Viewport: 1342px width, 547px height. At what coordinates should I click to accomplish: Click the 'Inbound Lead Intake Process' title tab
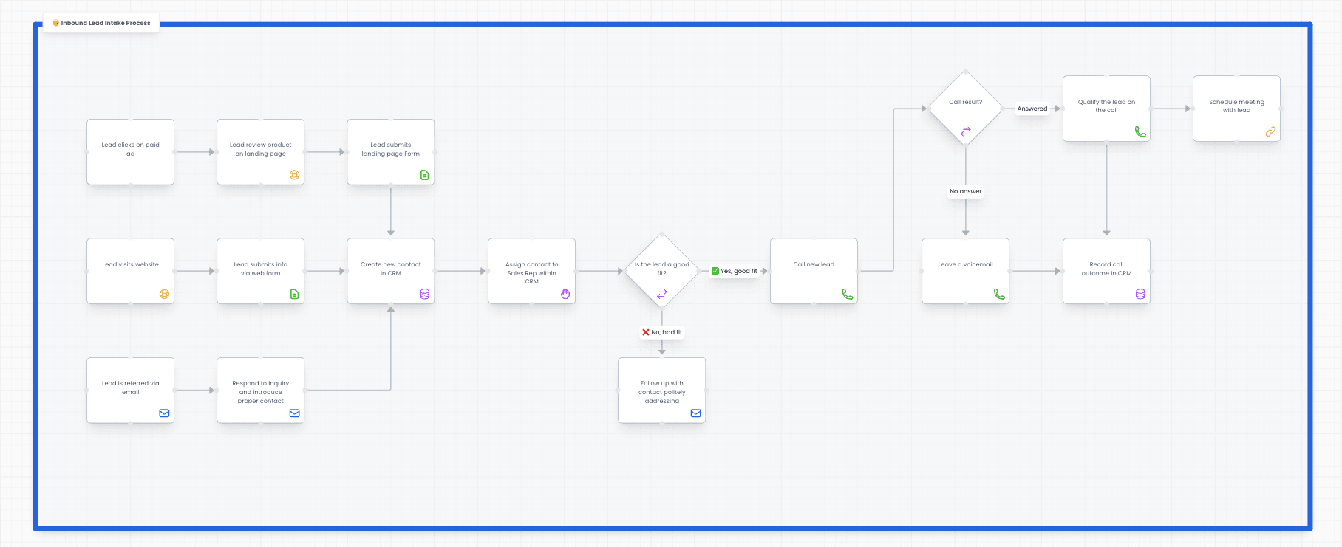[102, 23]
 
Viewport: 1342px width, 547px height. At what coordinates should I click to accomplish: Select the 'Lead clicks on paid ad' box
[130, 152]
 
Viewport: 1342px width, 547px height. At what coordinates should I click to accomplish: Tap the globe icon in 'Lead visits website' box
[164, 294]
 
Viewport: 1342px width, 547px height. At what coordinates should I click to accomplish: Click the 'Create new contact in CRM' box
[390, 270]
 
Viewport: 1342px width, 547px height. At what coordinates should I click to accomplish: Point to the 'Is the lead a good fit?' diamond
[661, 271]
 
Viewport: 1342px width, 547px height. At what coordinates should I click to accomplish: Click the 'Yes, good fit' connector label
[735, 271]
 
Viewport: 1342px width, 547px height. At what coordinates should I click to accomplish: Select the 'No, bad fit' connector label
[662, 332]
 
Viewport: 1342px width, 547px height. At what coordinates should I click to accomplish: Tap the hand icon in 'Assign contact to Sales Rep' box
[565, 294]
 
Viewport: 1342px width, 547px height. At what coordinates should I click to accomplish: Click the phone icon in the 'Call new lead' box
[847, 294]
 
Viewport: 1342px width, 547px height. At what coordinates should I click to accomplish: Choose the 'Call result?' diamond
[965, 109]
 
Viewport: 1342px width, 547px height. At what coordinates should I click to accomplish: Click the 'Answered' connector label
[1032, 109]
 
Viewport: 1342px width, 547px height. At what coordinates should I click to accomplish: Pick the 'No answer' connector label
[965, 191]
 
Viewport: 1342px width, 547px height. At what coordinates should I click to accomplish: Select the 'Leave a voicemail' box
[965, 270]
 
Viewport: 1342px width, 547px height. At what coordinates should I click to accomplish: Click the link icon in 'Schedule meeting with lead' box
[1270, 131]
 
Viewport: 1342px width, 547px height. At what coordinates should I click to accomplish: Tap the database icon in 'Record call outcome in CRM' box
[1140, 294]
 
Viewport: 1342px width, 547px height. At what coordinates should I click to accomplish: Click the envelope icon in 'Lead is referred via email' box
[164, 413]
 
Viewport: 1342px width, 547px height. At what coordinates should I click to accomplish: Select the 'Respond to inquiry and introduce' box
[260, 390]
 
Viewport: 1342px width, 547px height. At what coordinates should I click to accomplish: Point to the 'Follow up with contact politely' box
[661, 390]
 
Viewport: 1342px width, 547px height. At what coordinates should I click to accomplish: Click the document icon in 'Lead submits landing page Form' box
[424, 175]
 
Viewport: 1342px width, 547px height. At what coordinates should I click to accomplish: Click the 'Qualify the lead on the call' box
[1106, 108]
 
